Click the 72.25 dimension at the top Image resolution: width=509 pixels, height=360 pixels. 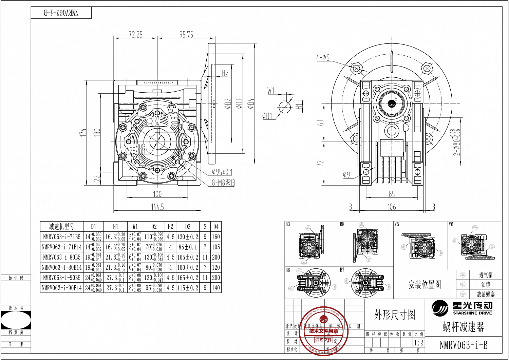click(x=135, y=35)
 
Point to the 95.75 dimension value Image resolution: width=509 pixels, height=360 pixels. click(x=186, y=35)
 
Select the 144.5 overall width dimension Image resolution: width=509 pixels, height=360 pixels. click(x=157, y=207)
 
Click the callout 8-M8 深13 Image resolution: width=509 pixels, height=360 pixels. click(x=223, y=183)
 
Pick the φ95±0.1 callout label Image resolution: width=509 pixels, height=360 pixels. click(x=222, y=172)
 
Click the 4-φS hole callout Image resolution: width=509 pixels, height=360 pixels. click(x=323, y=58)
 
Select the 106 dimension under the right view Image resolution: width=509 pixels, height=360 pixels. click(x=392, y=207)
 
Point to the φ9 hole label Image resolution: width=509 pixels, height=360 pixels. click(x=346, y=175)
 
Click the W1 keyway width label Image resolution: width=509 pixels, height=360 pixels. click(x=271, y=91)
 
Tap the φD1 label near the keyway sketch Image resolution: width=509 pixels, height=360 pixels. click(x=267, y=116)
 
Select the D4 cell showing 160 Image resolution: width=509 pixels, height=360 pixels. click(x=216, y=237)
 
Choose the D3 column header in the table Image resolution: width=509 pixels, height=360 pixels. click(x=188, y=227)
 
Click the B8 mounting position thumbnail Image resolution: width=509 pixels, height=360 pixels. click(x=366, y=244)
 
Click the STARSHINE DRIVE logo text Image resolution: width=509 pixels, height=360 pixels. click(x=472, y=313)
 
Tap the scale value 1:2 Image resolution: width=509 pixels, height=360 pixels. click(x=419, y=343)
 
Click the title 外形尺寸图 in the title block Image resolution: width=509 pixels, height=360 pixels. click(x=395, y=315)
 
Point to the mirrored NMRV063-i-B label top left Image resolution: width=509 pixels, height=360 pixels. click(x=61, y=13)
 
